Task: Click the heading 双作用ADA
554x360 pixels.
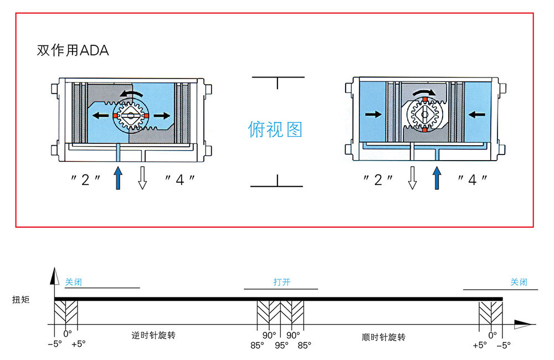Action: pyautogui.click(x=73, y=50)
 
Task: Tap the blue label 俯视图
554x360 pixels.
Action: pyautogui.click(x=275, y=129)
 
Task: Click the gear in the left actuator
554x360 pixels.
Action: pyautogui.click(x=131, y=115)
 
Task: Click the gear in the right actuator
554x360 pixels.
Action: pyautogui.click(x=424, y=115)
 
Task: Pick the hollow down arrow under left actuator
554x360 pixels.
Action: pyautogui.click(x=142, y=177)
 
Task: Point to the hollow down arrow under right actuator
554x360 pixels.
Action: pyautogui.click(x=412, y=177)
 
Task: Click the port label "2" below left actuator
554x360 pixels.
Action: pyautogui.click(x=85, y=179)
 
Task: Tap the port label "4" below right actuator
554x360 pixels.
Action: pyautogui.click(x=473, y=179)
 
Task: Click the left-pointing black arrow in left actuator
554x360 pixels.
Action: pyautogui.click(x=100, y=115)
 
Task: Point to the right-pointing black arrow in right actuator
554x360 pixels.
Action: pyautogui.click(x=374, y=115)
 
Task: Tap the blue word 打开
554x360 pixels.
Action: pyautogui.click(x=281, y=282)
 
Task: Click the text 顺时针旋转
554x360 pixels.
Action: pyautogui.click(x=384, y=337)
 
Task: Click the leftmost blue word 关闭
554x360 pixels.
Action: pyautogui.click(x=73, y=282)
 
